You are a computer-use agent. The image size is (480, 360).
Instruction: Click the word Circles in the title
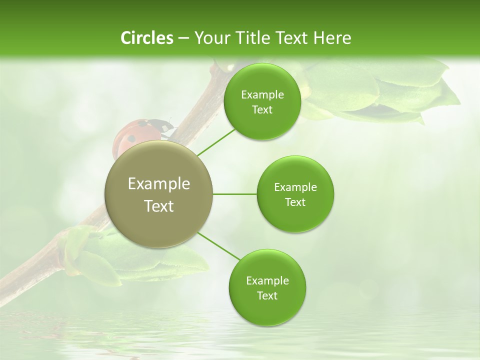(147, 38)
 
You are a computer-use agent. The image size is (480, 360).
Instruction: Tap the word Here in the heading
(332, 38)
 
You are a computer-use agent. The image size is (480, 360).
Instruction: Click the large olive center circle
(158, 194)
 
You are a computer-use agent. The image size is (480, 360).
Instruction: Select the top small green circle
(262, 101)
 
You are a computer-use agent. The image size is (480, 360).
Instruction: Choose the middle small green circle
(295, 194)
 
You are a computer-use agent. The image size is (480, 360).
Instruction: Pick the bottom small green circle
(267, 287)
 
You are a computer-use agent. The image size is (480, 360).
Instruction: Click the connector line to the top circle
(216, 142)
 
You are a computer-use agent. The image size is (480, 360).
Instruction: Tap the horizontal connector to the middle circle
(234, 194)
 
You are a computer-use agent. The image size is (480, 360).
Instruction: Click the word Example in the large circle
(158, 184)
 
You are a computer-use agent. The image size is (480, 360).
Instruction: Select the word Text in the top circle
(262, 109)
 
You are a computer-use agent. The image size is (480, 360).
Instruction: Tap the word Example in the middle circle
(295, 187)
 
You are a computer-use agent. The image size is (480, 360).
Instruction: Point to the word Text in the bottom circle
(267, 295)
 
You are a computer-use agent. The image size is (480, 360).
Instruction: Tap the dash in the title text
(183, 38)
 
